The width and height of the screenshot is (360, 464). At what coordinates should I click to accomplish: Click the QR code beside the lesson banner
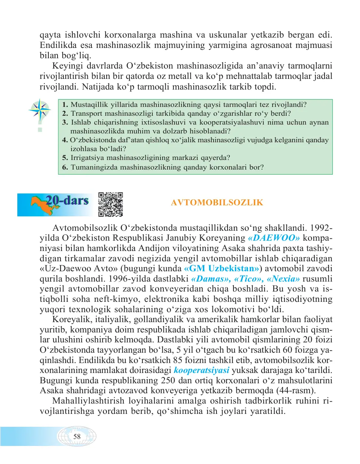[111, 204]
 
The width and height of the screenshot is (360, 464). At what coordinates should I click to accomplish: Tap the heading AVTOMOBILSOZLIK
[217, 202]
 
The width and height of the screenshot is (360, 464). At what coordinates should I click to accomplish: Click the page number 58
[77, 437]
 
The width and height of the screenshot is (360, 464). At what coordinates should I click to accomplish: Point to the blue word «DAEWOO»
[274, 238]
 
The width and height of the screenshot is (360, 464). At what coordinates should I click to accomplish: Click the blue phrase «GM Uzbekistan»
[222, 268]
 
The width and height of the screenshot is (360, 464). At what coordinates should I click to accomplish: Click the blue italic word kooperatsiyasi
[201, 370]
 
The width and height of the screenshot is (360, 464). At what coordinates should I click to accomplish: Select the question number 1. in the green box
[65, 105]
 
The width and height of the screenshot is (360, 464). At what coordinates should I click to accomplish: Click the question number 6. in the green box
[65, 167]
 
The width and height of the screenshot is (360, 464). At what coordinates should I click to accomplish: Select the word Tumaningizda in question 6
[95, 167]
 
